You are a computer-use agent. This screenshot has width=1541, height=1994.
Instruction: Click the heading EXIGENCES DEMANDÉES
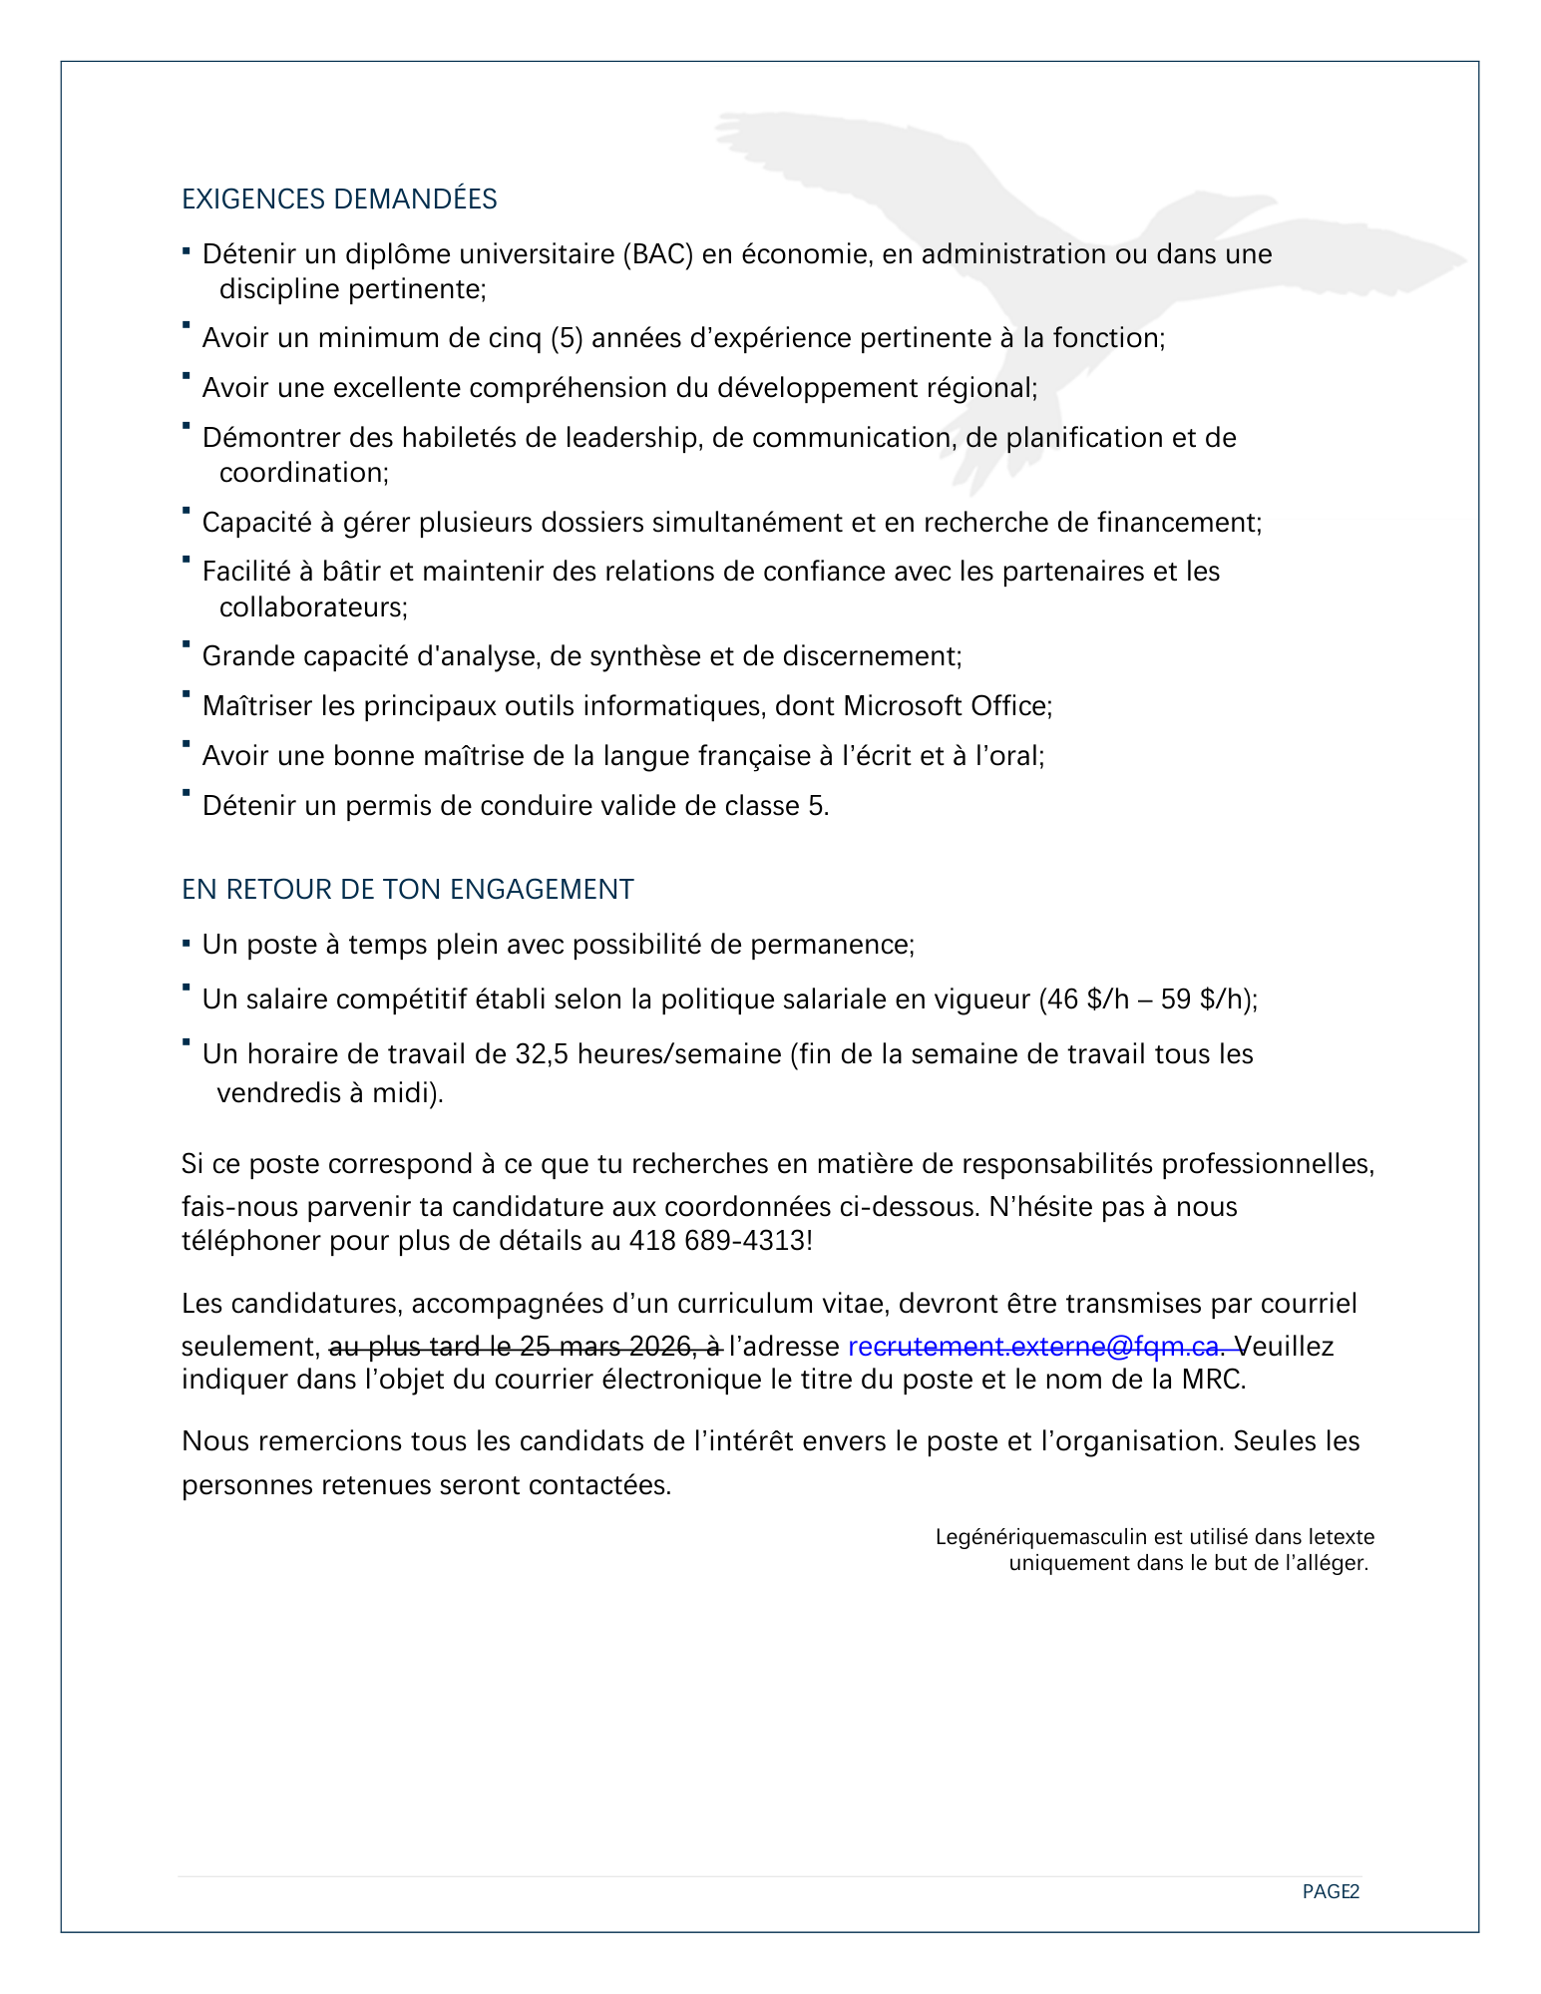coord(339,199)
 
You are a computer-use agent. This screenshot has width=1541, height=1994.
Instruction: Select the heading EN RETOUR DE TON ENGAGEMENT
coord(407,889)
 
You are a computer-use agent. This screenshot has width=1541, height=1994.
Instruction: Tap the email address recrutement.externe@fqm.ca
coord(1033,1347)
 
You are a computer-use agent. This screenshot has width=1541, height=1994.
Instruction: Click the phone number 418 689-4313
coord(717,1241)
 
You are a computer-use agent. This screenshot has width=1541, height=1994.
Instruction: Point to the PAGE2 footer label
coord(1331,1891)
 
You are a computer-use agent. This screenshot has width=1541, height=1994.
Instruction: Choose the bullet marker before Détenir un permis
coord(187,793)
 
